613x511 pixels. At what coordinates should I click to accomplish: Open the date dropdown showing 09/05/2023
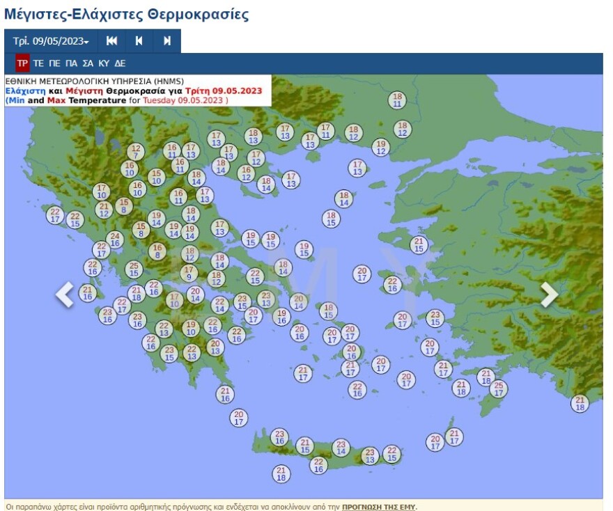[51, 41]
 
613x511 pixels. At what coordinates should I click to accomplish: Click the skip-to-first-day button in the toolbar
[111, 41]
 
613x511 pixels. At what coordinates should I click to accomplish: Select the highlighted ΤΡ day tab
[22, 63]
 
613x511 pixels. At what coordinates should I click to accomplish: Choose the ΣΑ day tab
[88, 63]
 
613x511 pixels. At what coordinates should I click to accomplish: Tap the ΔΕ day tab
[120, 63]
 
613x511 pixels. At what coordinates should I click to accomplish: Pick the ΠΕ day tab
[54, 63]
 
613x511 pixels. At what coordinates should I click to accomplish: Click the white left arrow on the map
[65, 294]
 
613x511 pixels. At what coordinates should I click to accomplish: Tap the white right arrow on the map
[549, 294]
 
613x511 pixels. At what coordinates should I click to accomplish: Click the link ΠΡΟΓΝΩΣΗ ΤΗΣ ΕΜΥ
[378, 507]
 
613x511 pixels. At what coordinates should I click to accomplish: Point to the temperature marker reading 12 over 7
[136, 152]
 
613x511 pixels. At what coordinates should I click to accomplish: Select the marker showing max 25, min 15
[134, 269]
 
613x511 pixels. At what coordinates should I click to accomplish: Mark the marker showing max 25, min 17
[498, 388]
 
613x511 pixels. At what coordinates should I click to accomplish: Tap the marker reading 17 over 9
[189, 273]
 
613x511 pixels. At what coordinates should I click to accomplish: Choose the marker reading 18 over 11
[397, 100]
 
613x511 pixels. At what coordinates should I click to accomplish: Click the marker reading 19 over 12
[380, 147]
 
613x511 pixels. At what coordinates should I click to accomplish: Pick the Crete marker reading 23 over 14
[341, 448]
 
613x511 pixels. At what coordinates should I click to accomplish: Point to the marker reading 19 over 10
[191, 328]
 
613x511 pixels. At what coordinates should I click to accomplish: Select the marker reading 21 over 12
[104, 210]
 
